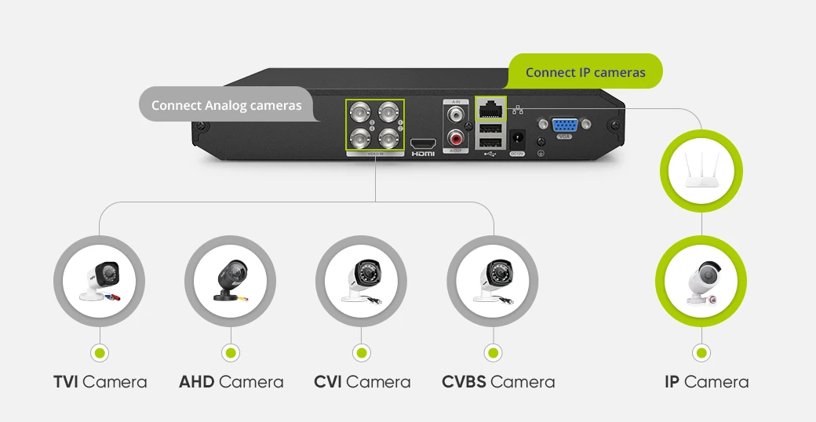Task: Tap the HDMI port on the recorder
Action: point(423,144)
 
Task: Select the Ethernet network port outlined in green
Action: point(490,108)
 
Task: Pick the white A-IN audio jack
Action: point(455,115)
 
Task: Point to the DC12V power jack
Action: point(517,140)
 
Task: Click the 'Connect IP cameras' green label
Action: point(585,72)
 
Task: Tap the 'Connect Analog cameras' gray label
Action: point(226,105)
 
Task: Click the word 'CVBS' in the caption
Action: point(464,382)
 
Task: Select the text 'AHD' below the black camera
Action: point(197,382)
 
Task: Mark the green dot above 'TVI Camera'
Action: point(99,353)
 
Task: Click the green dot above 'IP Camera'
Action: point(701,353)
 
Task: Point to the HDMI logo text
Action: point(423,155)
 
